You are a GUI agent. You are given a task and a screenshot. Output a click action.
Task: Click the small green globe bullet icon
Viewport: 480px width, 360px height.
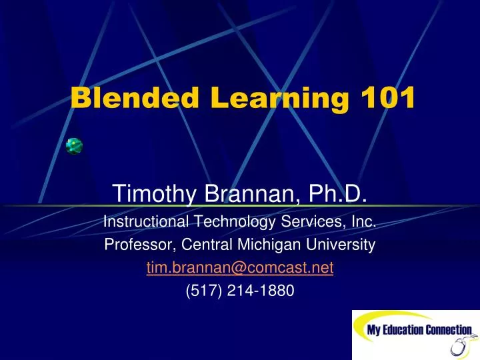tap(74, 145)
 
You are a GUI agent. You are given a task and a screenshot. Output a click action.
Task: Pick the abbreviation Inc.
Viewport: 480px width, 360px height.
tap(363, 222)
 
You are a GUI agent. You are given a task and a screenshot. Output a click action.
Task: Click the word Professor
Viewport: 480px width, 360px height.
tap(138, 245)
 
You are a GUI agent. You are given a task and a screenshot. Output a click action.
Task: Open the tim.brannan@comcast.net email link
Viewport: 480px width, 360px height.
tap(240, 267)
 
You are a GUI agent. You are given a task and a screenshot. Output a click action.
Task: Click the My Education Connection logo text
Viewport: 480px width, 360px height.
tap(419, 331)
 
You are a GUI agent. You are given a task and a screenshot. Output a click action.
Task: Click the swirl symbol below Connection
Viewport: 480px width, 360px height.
tap(459, 347)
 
